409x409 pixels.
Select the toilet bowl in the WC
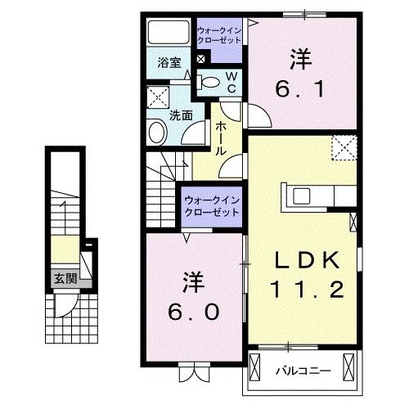209,81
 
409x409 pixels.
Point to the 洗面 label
181,115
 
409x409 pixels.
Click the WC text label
231,81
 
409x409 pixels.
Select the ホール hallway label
222,138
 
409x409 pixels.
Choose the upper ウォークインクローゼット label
218,38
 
